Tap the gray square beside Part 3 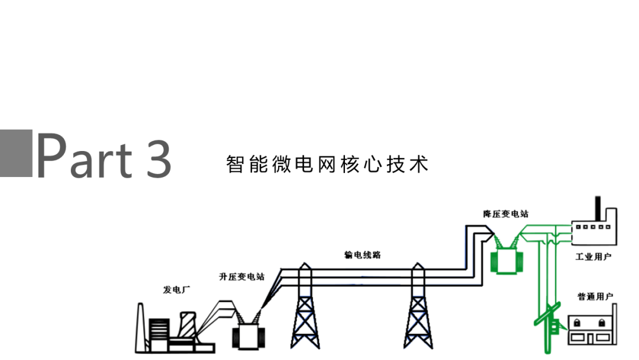[16, 153]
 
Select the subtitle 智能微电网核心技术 [327, 164]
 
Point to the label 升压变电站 [241, 276]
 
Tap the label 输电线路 [362, 255]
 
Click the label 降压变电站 [505, 213]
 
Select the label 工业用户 [593, 257]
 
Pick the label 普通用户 [595, 296]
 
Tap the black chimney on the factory [598, 209]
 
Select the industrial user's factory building [594, 231]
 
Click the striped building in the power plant [159, 332]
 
